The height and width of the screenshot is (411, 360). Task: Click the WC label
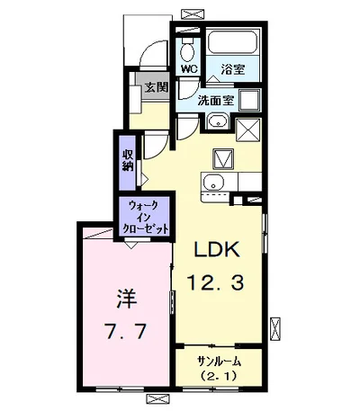pyautogui.click(x=189, y=67)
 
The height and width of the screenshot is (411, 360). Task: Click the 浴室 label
pyautogui.click(x=234, y=67)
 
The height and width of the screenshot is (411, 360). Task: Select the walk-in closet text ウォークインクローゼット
pyautogui.click(x=145, y=217)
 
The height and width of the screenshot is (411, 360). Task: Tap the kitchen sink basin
pyautogui.click(x=213, y=185)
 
